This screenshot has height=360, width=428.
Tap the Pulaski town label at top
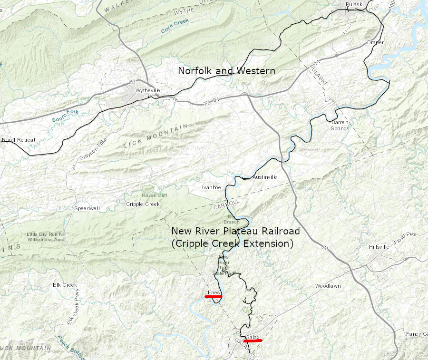click(x=354, y=5)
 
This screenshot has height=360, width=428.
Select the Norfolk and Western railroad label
click(x=226, y=71)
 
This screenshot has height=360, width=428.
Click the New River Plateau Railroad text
click(x=235, y=231)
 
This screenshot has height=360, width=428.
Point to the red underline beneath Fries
click(x=214, y=296)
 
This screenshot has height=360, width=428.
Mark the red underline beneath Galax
click(x=253, y=341)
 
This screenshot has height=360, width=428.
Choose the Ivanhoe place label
click(x=211, y=187)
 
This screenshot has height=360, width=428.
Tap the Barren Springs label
click(x=340, y=126)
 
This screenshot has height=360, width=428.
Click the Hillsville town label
click(x=379, y=247)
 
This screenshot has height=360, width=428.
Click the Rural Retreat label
click(x=19, y=140)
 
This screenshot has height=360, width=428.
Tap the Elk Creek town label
click(x=65, y=285)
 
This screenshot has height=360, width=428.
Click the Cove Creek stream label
click(x=175, y=26)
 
